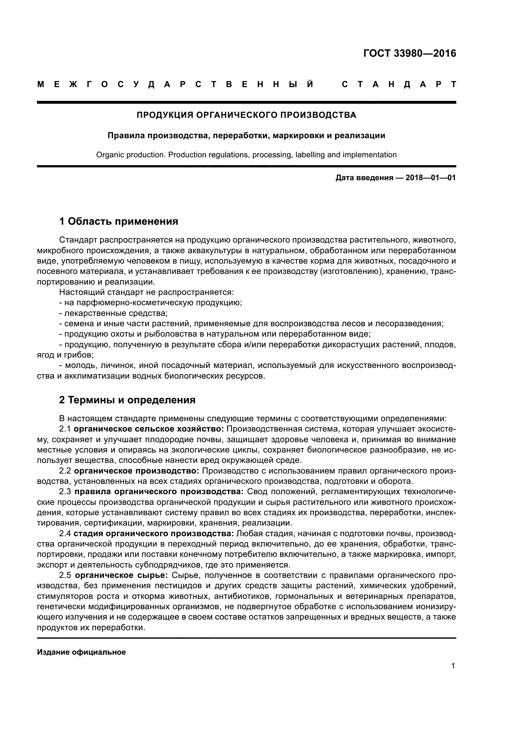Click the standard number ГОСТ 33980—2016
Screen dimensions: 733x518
(x=410, y=53)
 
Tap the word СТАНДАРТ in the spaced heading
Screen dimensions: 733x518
(x=399, y=85)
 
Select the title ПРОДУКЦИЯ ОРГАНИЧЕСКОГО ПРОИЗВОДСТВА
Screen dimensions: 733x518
(x=246, y=115)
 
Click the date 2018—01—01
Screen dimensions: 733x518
(x=430, y=178)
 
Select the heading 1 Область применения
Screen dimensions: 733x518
(x=119, y=221)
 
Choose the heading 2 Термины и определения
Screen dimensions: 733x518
(x=127, y=400)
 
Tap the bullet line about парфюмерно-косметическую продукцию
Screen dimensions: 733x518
(x=151, y=303)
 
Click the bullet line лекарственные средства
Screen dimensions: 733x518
(x=113, y=313)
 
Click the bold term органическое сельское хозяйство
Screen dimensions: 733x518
(x=149, y=429)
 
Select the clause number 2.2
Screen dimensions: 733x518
(x=65, y=471)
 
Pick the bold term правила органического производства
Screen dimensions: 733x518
(x=159, y=492)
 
